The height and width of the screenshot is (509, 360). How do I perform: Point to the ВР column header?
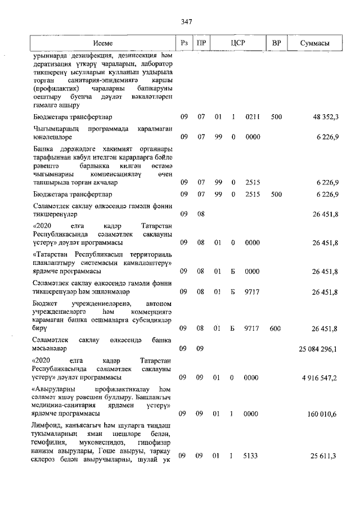click(276, 43)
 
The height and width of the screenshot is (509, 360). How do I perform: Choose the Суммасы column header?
click(314, 43)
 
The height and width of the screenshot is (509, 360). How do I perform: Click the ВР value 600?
click(276, 328)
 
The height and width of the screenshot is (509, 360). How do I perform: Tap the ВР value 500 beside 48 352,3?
click(276, 117)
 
